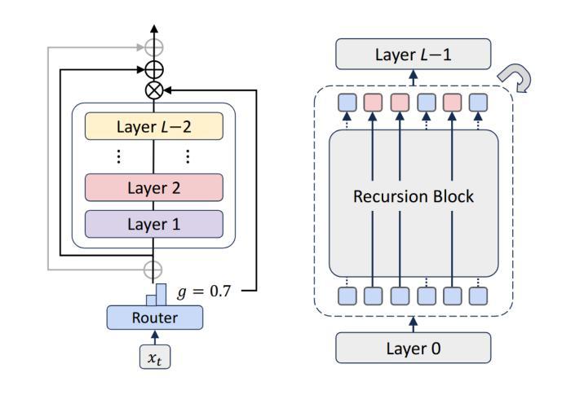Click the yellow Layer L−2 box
click(x=154, y=126)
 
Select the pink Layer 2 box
click(x=154, y=187)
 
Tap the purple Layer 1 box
click(x=154, y=224)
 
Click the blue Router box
click(x=155, y=318)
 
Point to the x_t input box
click(x=155, y=357)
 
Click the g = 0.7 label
click(x=204, y=292)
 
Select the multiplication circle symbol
click(x=154, y=90)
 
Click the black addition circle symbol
click(x=154, y=69)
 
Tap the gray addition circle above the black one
click(x=154, y=47)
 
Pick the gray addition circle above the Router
click(x=153, y=270)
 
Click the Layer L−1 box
click(x=414, y=54)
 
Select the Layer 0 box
click(x=414, y=348)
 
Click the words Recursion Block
click(x=414, y=196)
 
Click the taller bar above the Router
click(x=161, y=295)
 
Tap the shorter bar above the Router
click(x=152, y=300)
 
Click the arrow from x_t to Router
click(x=155, y=337)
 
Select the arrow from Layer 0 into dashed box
click(x=414, y=325)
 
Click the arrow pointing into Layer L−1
click(x=414, y=77)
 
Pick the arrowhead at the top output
click(x=154, y=29)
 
